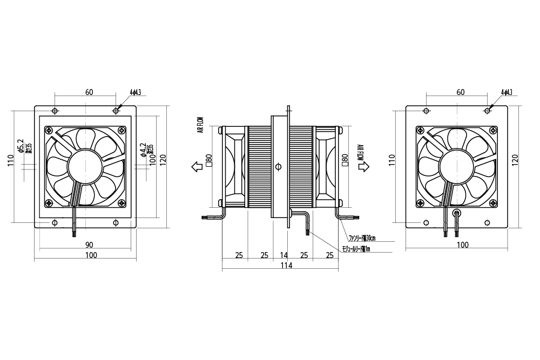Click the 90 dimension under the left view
(89, 244)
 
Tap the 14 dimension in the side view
(284, 254)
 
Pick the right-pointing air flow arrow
(364, 167)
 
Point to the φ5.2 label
(21, 146)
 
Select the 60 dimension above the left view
(89, 92)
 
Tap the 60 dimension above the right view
(460, 92)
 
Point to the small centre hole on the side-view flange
(278, 166)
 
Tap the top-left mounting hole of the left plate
(55, 111)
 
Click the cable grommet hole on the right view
(457, 214)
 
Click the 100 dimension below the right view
(463, 244)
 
